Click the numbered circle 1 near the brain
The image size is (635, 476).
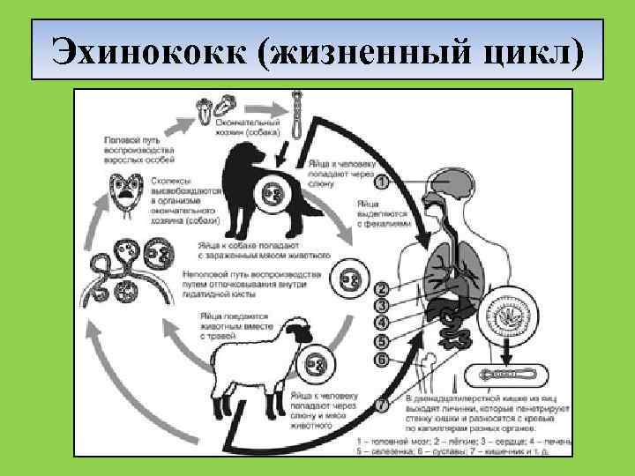381,182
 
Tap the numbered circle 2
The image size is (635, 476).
381,288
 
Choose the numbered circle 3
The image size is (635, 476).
381,306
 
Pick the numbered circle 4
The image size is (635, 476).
381,324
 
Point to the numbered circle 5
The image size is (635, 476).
381,341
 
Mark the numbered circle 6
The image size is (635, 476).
381,359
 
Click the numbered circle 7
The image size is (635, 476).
381,405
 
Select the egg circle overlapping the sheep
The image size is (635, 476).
316,362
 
